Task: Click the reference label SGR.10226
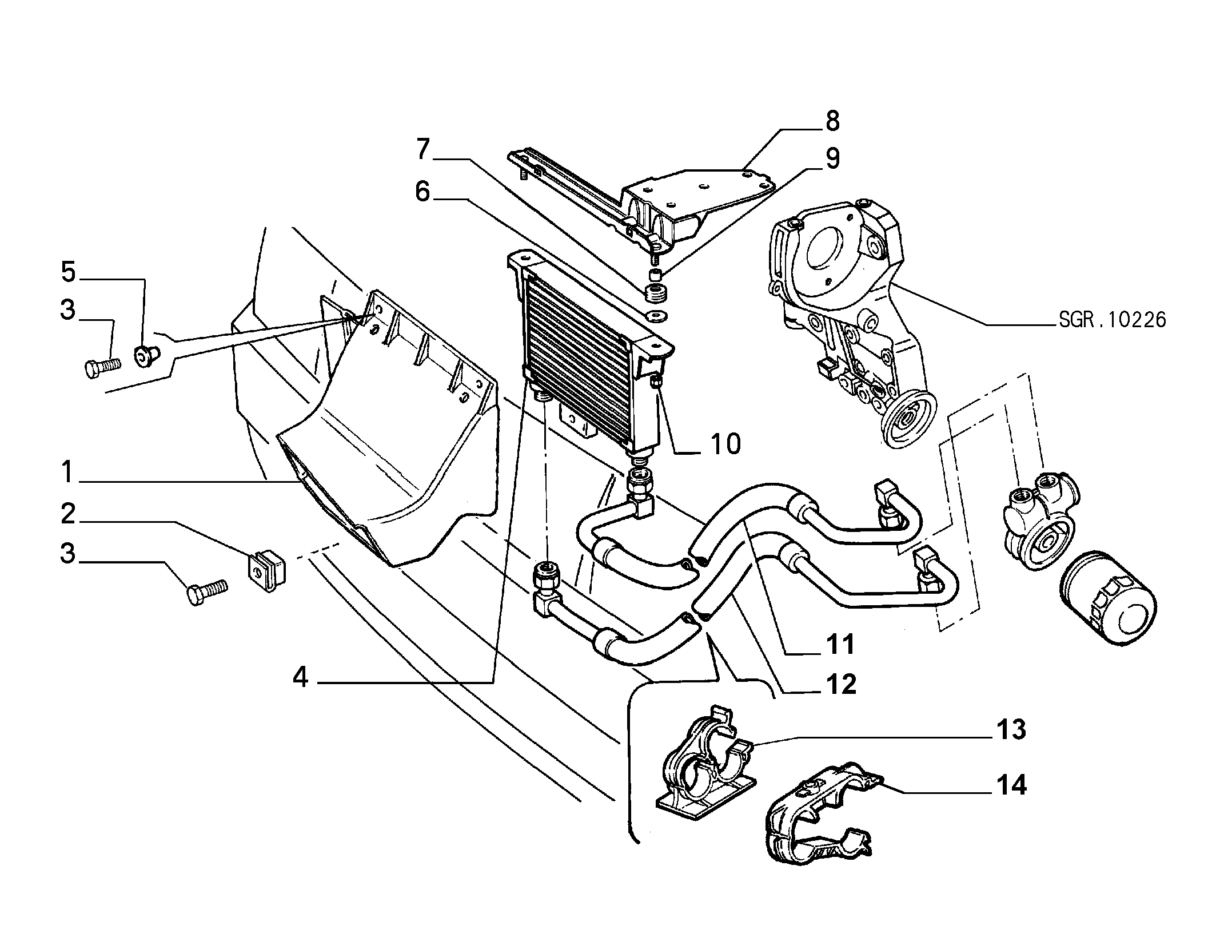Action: click(1112, 320)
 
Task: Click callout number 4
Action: click(301, 678)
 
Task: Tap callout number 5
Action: click(69, 272)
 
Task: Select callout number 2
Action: click(68, 514)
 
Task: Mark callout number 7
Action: click(422, 150)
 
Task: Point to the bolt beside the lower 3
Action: click(208, 592)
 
